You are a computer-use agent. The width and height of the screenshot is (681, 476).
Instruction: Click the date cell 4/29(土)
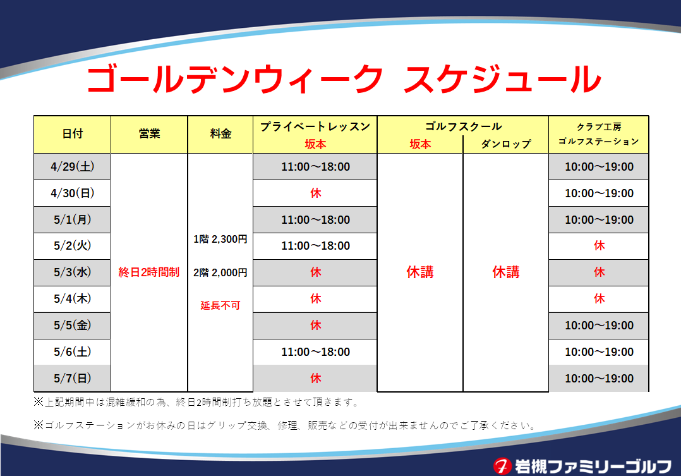click(72, 166)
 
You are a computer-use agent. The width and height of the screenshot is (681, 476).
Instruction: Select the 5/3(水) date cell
click(72, 272)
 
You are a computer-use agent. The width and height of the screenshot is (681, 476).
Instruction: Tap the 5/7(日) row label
click(72, 378)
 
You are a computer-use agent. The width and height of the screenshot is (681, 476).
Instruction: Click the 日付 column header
click(72, 134)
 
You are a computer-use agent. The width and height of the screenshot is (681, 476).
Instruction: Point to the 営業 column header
click(149, 134)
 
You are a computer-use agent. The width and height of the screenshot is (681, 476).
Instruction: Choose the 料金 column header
click(220, 134)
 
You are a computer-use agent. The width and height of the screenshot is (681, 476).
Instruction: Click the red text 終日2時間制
click(149, 272)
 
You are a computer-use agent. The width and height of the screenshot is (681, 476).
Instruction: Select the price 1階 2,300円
click(220, 239)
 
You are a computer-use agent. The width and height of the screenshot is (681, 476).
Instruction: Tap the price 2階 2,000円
click(220, 272)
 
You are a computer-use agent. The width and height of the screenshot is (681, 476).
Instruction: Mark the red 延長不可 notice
click(220, 305)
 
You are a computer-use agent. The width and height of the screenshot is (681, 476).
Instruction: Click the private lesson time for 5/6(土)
click(315, 351)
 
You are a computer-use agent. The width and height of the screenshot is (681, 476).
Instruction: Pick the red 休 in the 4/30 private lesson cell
click(316, 193)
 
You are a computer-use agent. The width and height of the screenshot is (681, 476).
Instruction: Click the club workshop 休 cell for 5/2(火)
click(599, 246)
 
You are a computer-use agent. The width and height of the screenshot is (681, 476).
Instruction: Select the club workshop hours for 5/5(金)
click(599, 325)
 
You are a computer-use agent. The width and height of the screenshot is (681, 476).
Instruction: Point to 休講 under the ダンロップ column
click(506, 272)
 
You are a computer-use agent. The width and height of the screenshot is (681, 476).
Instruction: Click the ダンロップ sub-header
click(506, 144)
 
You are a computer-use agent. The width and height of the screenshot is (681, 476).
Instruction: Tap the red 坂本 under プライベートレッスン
click(315, 144)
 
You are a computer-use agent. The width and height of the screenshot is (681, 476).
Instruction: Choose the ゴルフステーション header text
click(598, 141)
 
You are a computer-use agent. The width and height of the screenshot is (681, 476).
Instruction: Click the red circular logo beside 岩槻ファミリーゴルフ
click(502, 466)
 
